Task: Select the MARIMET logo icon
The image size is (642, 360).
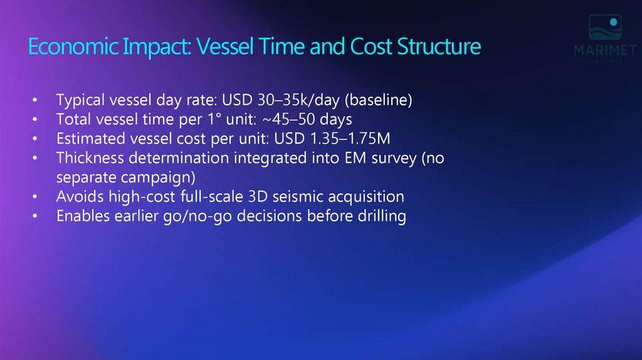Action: click(x=605, y=28)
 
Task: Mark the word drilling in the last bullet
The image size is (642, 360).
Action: click(x=382, y=216)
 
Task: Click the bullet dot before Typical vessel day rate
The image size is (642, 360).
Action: click(x=36, y=100)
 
